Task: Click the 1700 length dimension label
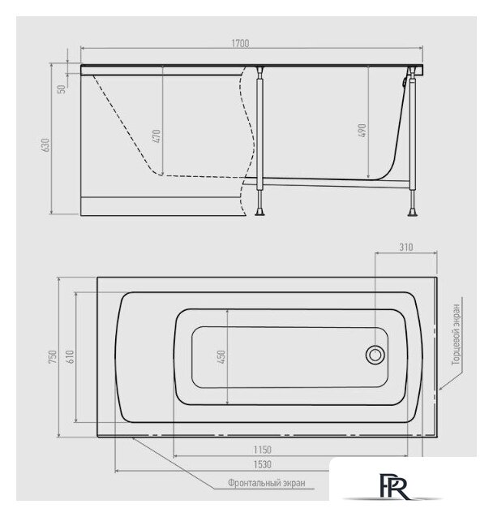click(x=240, y=44)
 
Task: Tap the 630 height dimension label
click(x=45, y=145)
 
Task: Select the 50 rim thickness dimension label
click(x=62, y=89)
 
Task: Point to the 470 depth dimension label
click(x=156, y=136)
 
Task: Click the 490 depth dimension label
click(x=362, y=131)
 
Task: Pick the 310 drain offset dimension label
click(x=405, y=248)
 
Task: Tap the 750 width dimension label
click(x=53, y=357)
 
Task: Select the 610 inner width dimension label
click(x=71, y=357)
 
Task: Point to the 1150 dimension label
click(x=263, y=450)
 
